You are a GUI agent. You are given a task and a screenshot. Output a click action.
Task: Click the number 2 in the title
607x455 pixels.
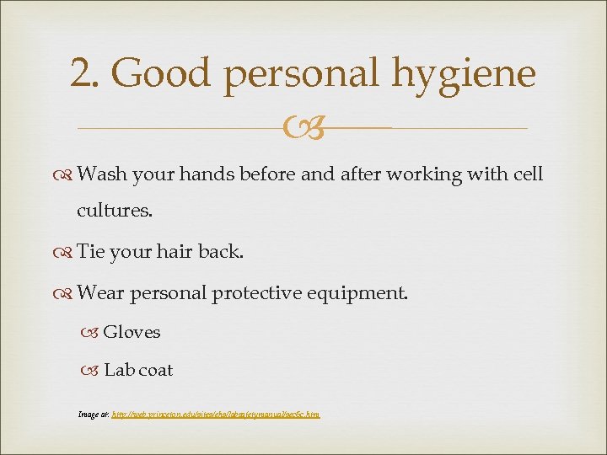point(82,74)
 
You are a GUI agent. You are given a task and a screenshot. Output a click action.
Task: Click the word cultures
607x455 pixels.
point(115,211)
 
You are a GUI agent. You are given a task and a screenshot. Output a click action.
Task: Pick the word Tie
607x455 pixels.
point(90,252)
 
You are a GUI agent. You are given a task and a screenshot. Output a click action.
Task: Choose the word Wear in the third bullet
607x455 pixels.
point(99,292)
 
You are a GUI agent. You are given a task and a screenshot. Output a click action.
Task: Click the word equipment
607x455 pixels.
point(363,293)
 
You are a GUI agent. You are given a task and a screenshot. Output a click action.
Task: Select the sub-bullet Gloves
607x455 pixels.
point(132,332)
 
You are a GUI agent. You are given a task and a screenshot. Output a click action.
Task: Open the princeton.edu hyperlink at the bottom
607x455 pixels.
point(216,414)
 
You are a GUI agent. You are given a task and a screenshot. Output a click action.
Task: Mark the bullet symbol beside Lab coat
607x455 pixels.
point(92,371)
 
